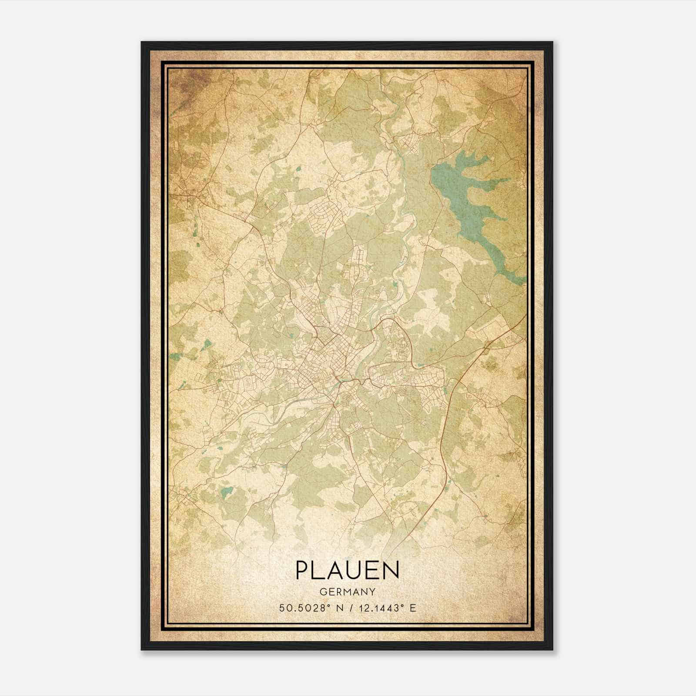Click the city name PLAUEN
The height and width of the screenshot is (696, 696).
347,570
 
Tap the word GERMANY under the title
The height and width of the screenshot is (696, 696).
347,592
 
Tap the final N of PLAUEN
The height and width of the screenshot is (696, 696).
391,570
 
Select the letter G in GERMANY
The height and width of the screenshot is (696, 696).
322,592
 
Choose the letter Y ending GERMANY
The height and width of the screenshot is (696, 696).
372,592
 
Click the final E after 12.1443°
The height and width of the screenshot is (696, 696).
413,608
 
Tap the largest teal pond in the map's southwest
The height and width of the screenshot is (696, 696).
226,492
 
